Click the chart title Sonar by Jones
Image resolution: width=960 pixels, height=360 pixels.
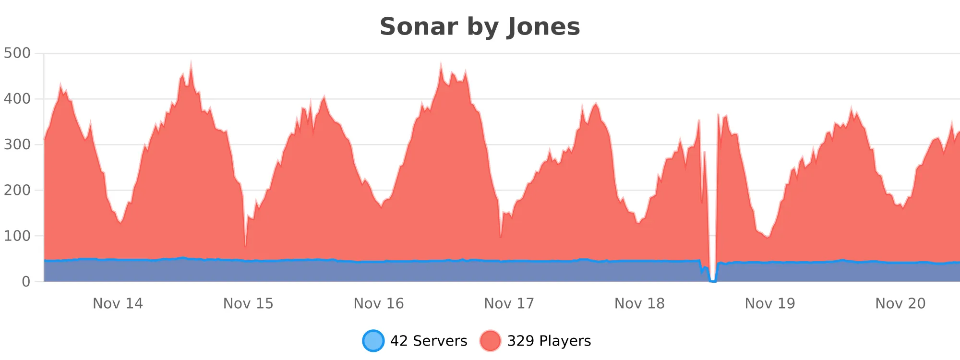(x=480, y=27)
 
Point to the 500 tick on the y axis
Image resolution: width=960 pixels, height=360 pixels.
(x=17, y=53)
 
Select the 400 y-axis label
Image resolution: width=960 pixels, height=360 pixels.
(x=17, y=99)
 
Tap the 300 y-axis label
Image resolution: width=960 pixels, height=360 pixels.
(x=17, y=144)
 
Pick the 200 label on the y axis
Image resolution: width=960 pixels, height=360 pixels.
(x=17, y=190)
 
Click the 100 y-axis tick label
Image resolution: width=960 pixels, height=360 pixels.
(x=17, y=236)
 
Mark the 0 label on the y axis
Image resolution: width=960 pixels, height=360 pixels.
(x=26, y=282)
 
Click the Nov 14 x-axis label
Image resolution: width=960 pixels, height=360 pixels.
(x=118, y=304)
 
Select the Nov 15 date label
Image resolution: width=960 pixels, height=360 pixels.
(x=248, y=304)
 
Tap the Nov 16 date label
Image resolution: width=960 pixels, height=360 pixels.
(x=379, y=304)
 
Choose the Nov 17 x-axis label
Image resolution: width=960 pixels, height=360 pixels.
(x=509, y=304)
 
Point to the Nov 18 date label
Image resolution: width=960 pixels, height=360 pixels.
(x=639, y=304)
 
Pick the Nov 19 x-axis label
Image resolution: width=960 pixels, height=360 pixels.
(x=770, y=304)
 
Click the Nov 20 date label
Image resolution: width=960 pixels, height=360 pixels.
(x=900, y=304)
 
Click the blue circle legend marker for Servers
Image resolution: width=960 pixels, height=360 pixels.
(x=373, y=341)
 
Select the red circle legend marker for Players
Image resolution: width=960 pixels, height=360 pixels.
(x=490, y=341)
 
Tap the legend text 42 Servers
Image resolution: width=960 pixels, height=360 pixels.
(x=429, y=341)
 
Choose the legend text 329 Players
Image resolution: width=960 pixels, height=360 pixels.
(x=549, y=341)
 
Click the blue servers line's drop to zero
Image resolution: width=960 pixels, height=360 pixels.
(x=713, y=281)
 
